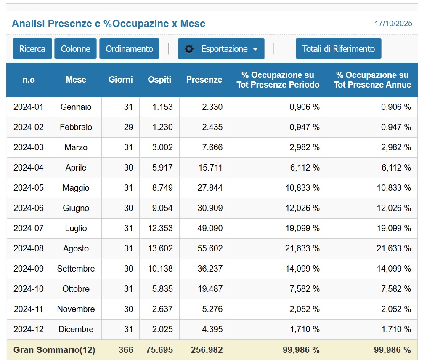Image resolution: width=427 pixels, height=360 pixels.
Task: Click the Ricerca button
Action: click(32, 49)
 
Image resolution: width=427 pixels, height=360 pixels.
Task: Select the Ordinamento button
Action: click(129, 49)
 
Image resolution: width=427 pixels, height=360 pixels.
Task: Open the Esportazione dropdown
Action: click(221, 49)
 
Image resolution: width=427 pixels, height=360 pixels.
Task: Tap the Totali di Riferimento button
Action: click(338, 49)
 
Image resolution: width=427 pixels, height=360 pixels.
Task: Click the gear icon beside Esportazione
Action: click(189, 49)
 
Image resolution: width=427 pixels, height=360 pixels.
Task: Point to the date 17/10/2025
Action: click(393, 24)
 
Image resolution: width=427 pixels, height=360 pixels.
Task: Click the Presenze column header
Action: click(204, 80)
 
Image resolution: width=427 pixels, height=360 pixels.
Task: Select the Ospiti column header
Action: click(159, 80)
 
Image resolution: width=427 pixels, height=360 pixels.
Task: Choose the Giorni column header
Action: click(120, 80)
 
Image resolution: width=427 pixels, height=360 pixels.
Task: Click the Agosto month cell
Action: click(76, 248)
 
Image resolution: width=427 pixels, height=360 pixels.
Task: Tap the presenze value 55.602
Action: click(210, 248)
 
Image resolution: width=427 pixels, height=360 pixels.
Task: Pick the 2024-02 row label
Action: click(29, 127)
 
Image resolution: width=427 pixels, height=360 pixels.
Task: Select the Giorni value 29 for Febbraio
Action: click(128, 127)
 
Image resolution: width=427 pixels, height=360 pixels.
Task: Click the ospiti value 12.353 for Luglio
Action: click(160, 228)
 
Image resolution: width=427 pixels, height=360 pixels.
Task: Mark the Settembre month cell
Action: click(76, 269)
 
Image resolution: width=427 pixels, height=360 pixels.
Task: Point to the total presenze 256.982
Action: click(207, 350)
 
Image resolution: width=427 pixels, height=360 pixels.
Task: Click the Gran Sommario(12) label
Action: click(54, 350)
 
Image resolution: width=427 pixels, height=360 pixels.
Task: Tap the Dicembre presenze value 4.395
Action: click(212, 329)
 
